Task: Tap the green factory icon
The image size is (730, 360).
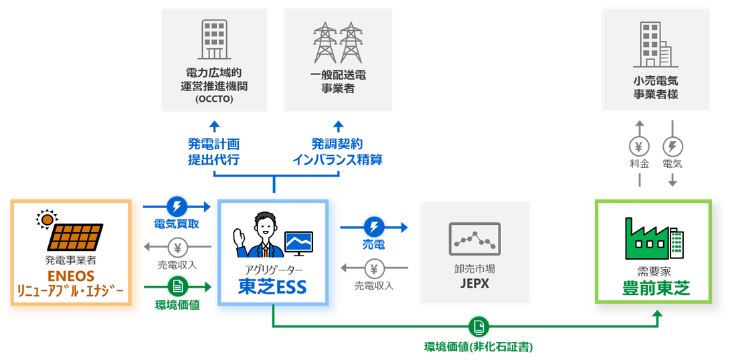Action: point(648,238)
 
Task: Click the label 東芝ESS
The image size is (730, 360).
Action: point(272,286)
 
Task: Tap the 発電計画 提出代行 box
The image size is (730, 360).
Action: point(213,152)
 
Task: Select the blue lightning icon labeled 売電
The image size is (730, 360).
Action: point(373,226)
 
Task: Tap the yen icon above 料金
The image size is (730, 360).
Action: point(640,147)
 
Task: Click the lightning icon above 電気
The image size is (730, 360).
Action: point(672,147)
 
